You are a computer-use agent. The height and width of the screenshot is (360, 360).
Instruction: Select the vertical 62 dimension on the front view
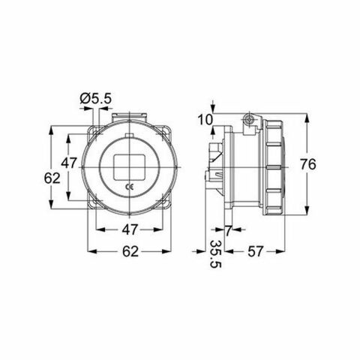pyautogui.click(x=51, y=178)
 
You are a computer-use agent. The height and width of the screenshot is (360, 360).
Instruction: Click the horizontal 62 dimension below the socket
pyautogui.click(x=132, y=252)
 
